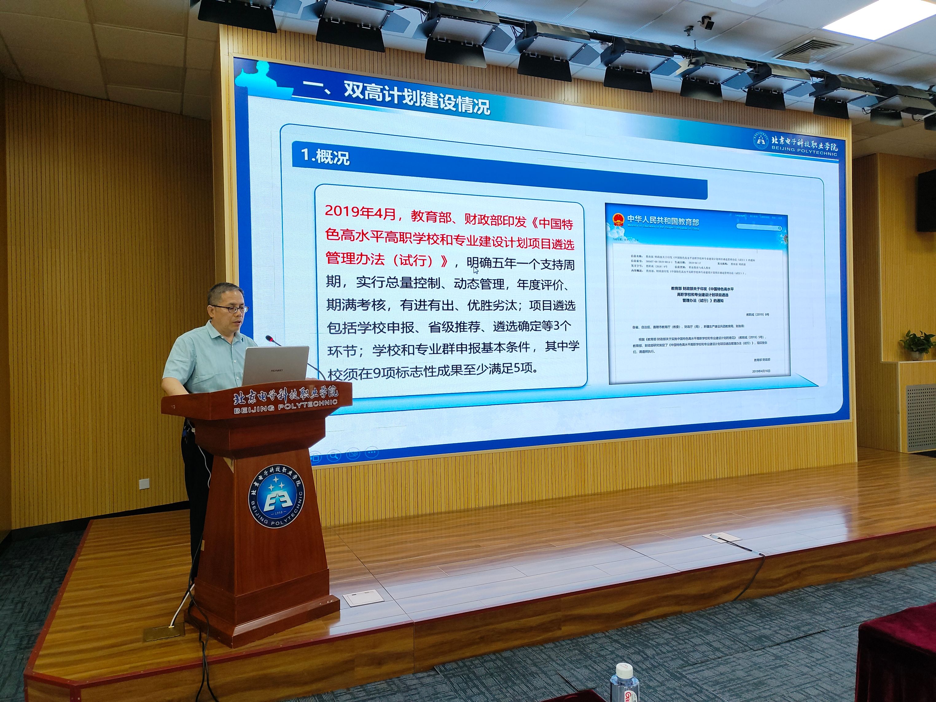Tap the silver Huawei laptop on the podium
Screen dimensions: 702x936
tap(275, 366)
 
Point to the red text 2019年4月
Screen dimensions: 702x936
tap(360, 212)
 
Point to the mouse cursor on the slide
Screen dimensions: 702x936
tap(476, 270)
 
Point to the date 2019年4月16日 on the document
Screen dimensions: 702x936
tap(761, 371)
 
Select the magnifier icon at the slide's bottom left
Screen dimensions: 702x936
tap(334, 455)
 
